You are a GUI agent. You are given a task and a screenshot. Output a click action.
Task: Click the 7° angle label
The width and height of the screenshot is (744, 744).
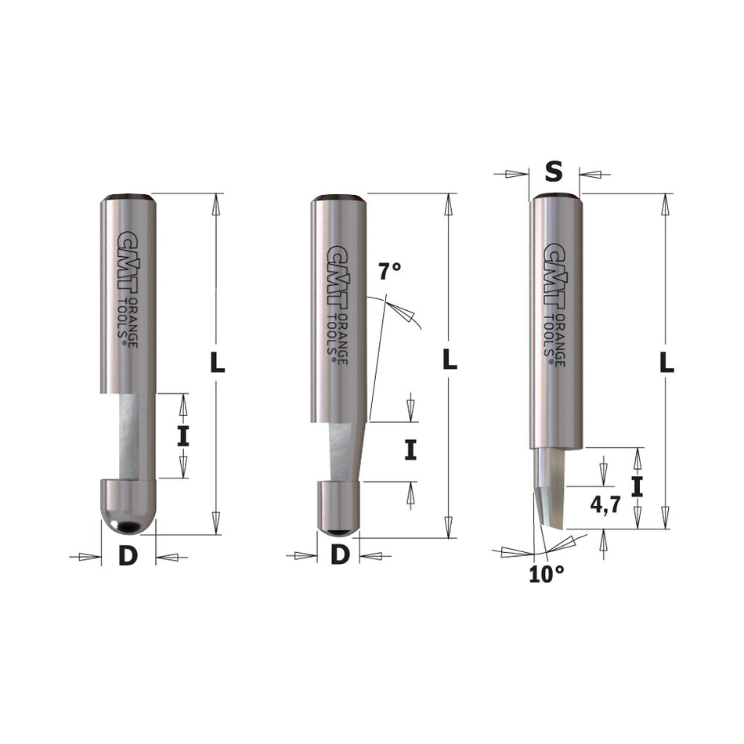tap(389, 273)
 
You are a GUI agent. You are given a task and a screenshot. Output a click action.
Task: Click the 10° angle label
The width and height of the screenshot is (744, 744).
tap(546, 574)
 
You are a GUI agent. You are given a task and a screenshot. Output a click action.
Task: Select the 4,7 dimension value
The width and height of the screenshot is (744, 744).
tap(605, 505)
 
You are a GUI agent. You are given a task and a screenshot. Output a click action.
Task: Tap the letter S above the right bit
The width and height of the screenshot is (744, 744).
tap(554, 173)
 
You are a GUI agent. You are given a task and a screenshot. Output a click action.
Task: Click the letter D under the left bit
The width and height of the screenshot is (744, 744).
tap(128, 556)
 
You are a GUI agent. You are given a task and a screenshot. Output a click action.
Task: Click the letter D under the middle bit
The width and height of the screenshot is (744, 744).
tap(339, 554)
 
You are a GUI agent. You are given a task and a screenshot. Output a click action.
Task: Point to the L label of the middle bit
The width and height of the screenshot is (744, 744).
tap(450, 360)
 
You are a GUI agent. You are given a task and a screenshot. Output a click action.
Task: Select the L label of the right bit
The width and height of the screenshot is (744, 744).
tap(666, 363)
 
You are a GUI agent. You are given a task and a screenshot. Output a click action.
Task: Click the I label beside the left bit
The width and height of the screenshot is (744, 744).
tap(182, 435)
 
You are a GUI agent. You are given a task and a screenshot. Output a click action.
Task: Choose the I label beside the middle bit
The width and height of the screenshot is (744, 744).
tap(410, 450)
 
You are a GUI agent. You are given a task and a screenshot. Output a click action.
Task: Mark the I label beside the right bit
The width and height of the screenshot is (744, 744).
tap(637, 488)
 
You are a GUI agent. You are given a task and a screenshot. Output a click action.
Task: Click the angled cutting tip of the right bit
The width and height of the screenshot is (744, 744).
tap(549, 509)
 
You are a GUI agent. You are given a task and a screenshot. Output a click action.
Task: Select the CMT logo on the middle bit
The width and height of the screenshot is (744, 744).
tap(338, 266)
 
